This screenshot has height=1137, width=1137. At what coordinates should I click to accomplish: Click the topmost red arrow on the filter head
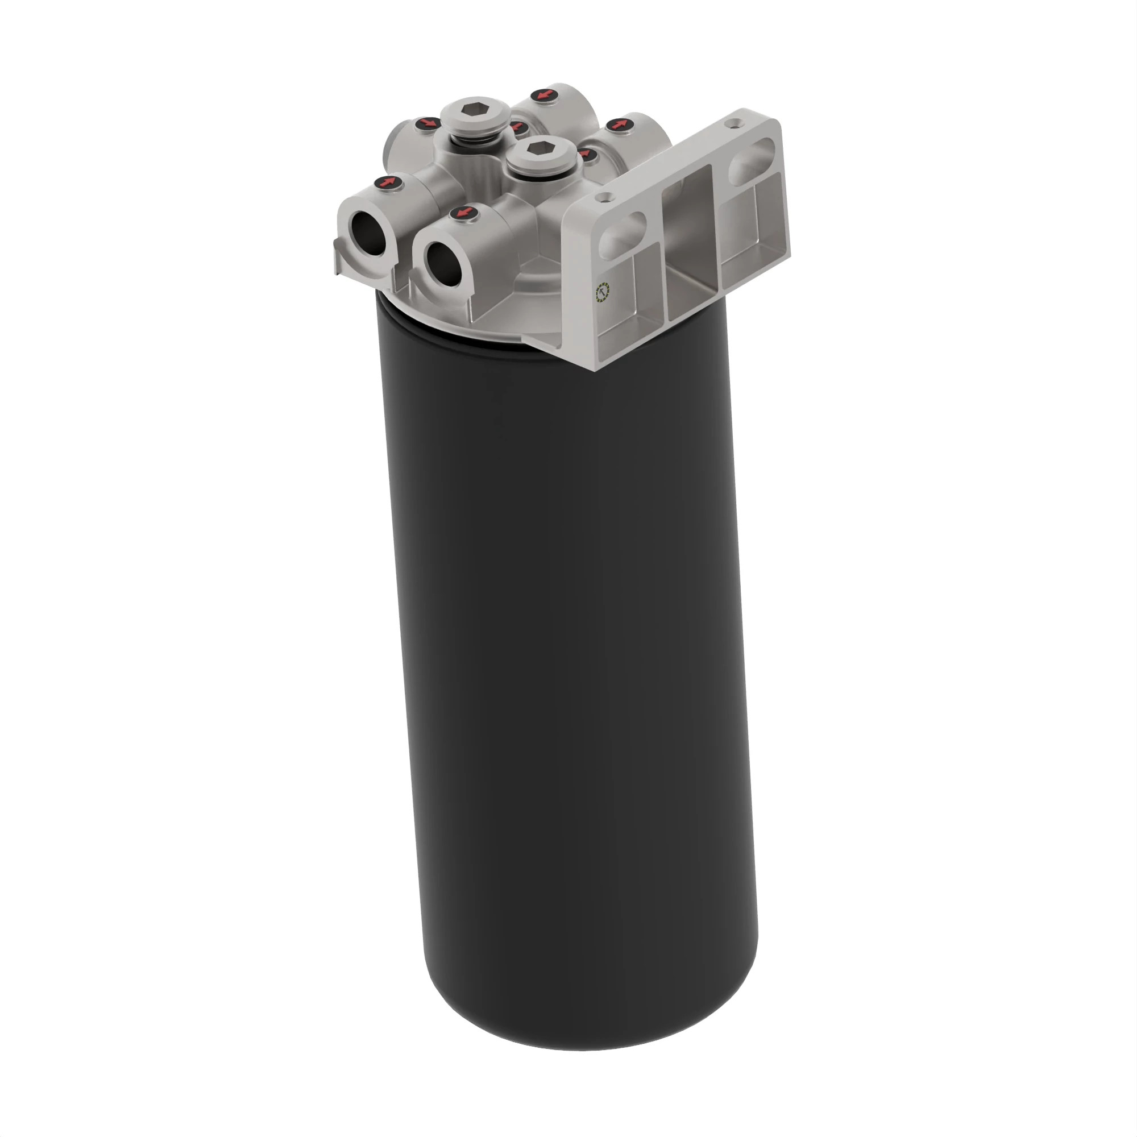pos(544,95)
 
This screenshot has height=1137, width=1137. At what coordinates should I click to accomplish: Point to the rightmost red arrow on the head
pos(618,124)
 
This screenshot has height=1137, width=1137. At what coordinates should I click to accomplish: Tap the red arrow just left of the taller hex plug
pos(428,123)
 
